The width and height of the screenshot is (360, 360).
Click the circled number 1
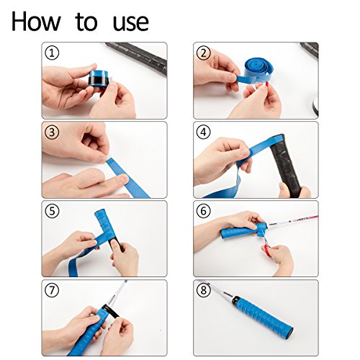coord(51,53)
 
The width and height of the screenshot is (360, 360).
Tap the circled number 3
coord(51,132)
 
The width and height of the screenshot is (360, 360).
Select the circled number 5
coord(51,211)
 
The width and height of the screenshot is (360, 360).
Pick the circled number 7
coord(51,290)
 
